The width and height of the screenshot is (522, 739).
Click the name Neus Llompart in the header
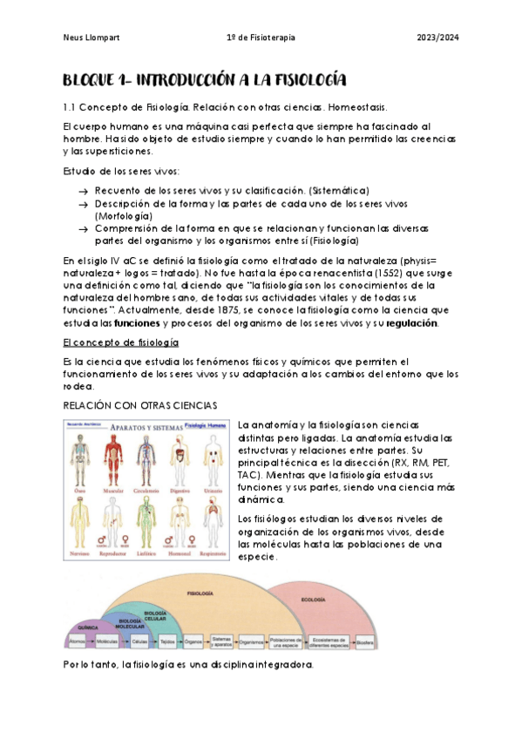pyautogui.click(x=91, y=37)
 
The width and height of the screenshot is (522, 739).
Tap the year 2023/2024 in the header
pyautogui.click(x=437, y=37)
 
